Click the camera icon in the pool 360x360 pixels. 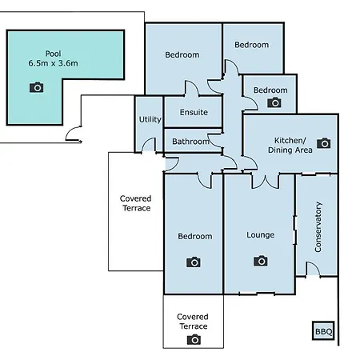37,87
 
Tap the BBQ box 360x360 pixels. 323,330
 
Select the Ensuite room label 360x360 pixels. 194,112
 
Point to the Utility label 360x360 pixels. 150,119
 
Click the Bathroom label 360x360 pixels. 190,142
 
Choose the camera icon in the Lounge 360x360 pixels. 261,261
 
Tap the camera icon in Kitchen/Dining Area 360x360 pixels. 324,143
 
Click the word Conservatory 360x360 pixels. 318,227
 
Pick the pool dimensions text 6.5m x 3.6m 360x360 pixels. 54,63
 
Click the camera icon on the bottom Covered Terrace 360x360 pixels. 194,339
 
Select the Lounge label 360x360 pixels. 260,235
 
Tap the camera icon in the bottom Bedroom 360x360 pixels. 194,262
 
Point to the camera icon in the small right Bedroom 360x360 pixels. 274,102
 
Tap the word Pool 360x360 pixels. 53,54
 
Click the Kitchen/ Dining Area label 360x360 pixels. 290,146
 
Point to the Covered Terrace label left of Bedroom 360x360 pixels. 136,203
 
